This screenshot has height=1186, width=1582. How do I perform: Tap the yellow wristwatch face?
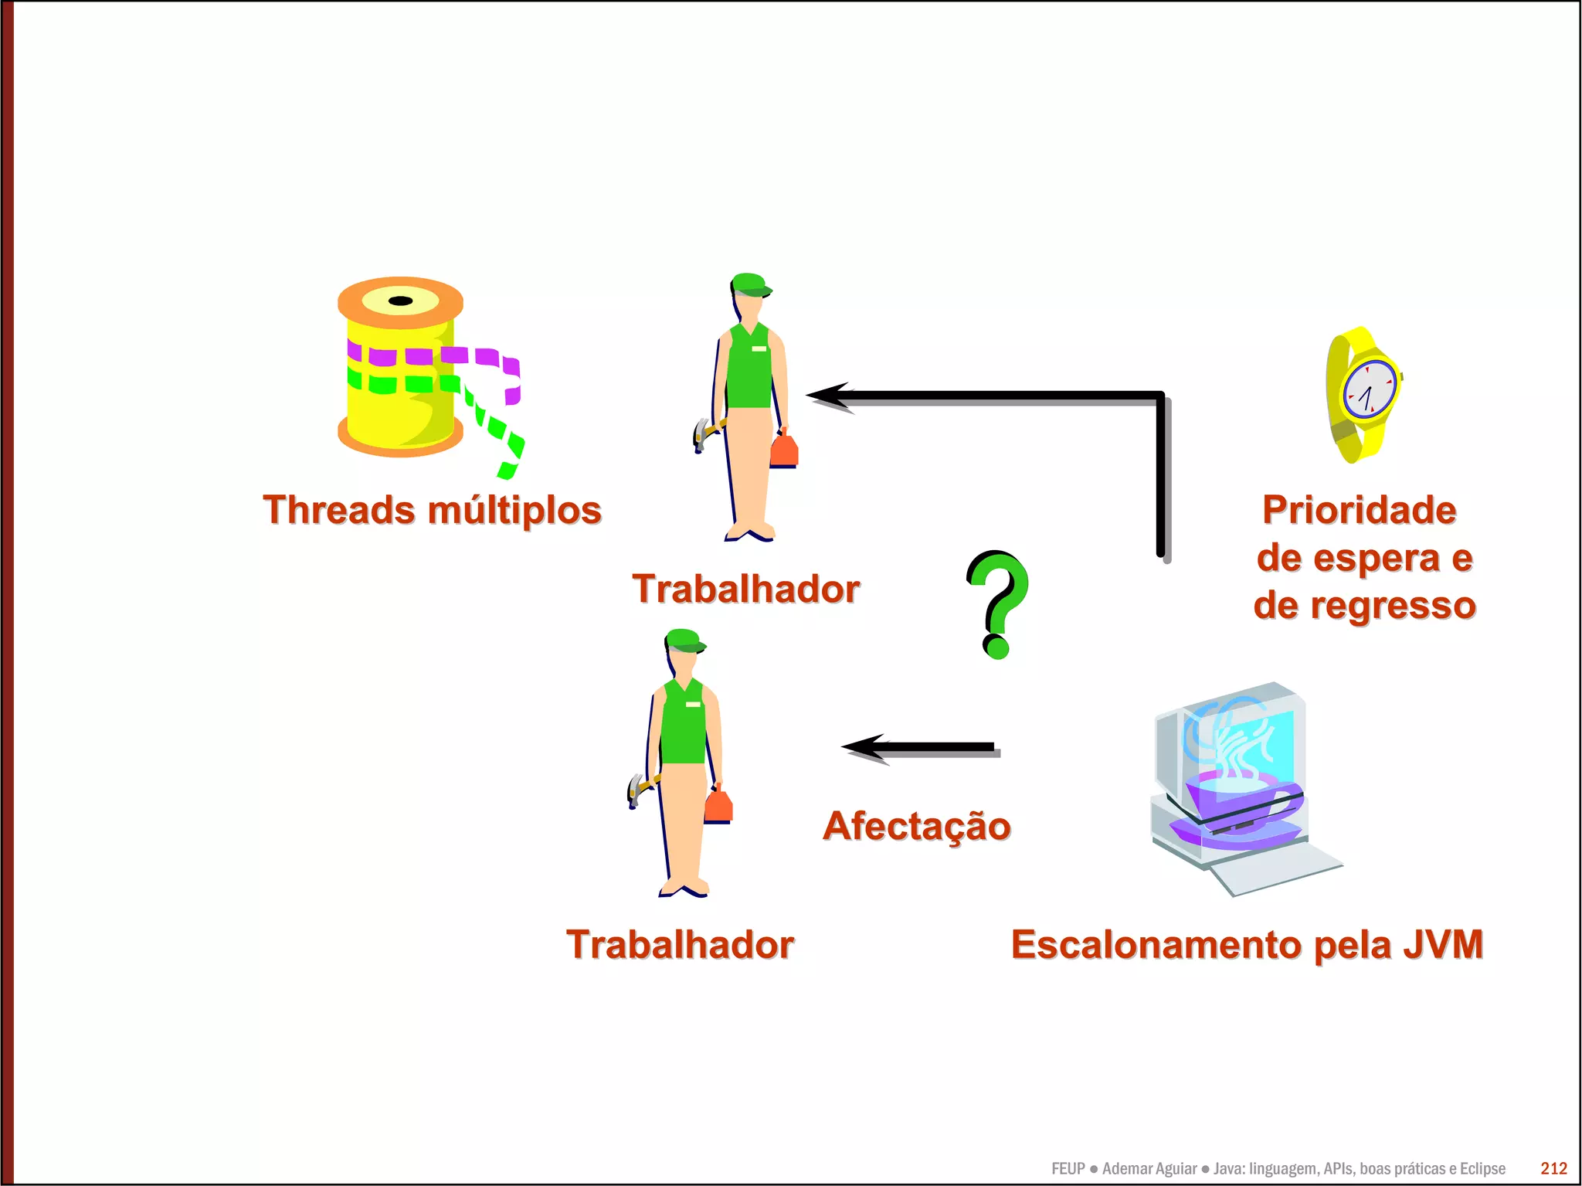(1369, 389)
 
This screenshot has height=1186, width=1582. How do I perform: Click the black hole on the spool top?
(400, 301)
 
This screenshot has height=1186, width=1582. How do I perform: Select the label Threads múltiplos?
(432, 510)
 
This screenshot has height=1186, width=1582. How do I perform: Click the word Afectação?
(917, 826)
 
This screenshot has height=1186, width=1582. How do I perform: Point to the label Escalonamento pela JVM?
(1247, 944)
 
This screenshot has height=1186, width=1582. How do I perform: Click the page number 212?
(1553, 1168)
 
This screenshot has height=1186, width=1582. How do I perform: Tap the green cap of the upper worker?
(749, 284)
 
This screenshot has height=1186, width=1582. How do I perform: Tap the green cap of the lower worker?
(684, 640)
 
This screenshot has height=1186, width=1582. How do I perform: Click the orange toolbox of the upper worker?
(784, 450)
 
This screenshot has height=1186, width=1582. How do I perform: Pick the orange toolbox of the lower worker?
(718, 805)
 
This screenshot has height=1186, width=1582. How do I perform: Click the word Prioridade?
(1360, 510)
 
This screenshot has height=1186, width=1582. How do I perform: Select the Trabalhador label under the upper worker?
(745, 589)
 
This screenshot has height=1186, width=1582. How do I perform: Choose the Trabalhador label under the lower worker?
(680, 944)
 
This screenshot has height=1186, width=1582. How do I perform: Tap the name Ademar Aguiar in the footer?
(1149, 1168)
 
